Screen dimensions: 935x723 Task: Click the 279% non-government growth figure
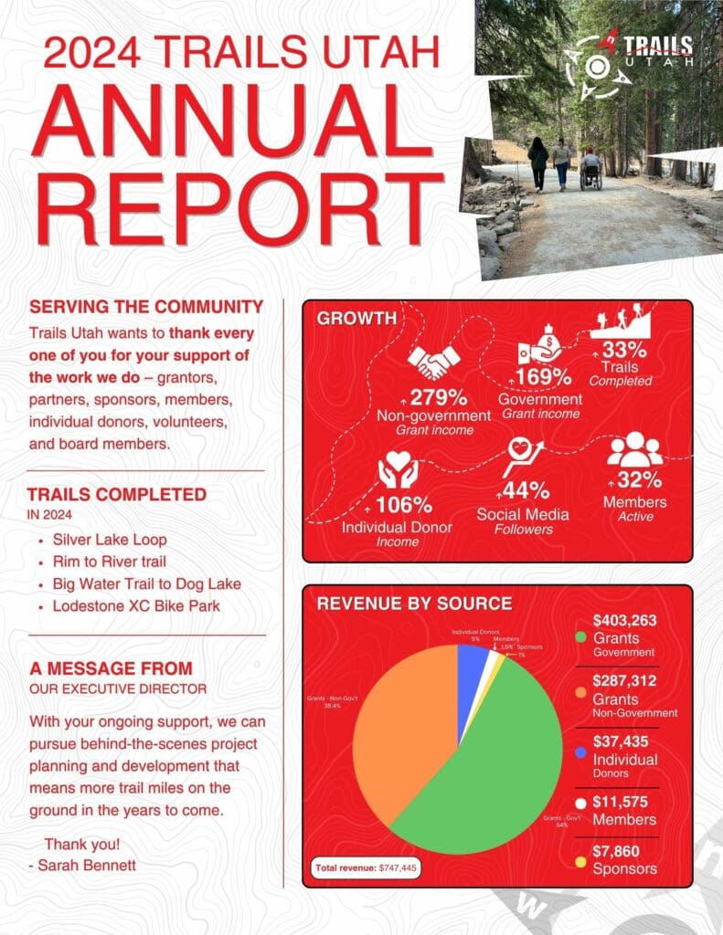(438, 397)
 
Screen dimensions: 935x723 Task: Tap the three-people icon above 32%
(634, 450)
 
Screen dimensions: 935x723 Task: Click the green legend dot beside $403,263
(579, 636)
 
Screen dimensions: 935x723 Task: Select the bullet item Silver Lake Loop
(110, 540)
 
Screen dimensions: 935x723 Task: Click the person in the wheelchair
(590, 169)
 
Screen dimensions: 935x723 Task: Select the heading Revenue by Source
(414, 604)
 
